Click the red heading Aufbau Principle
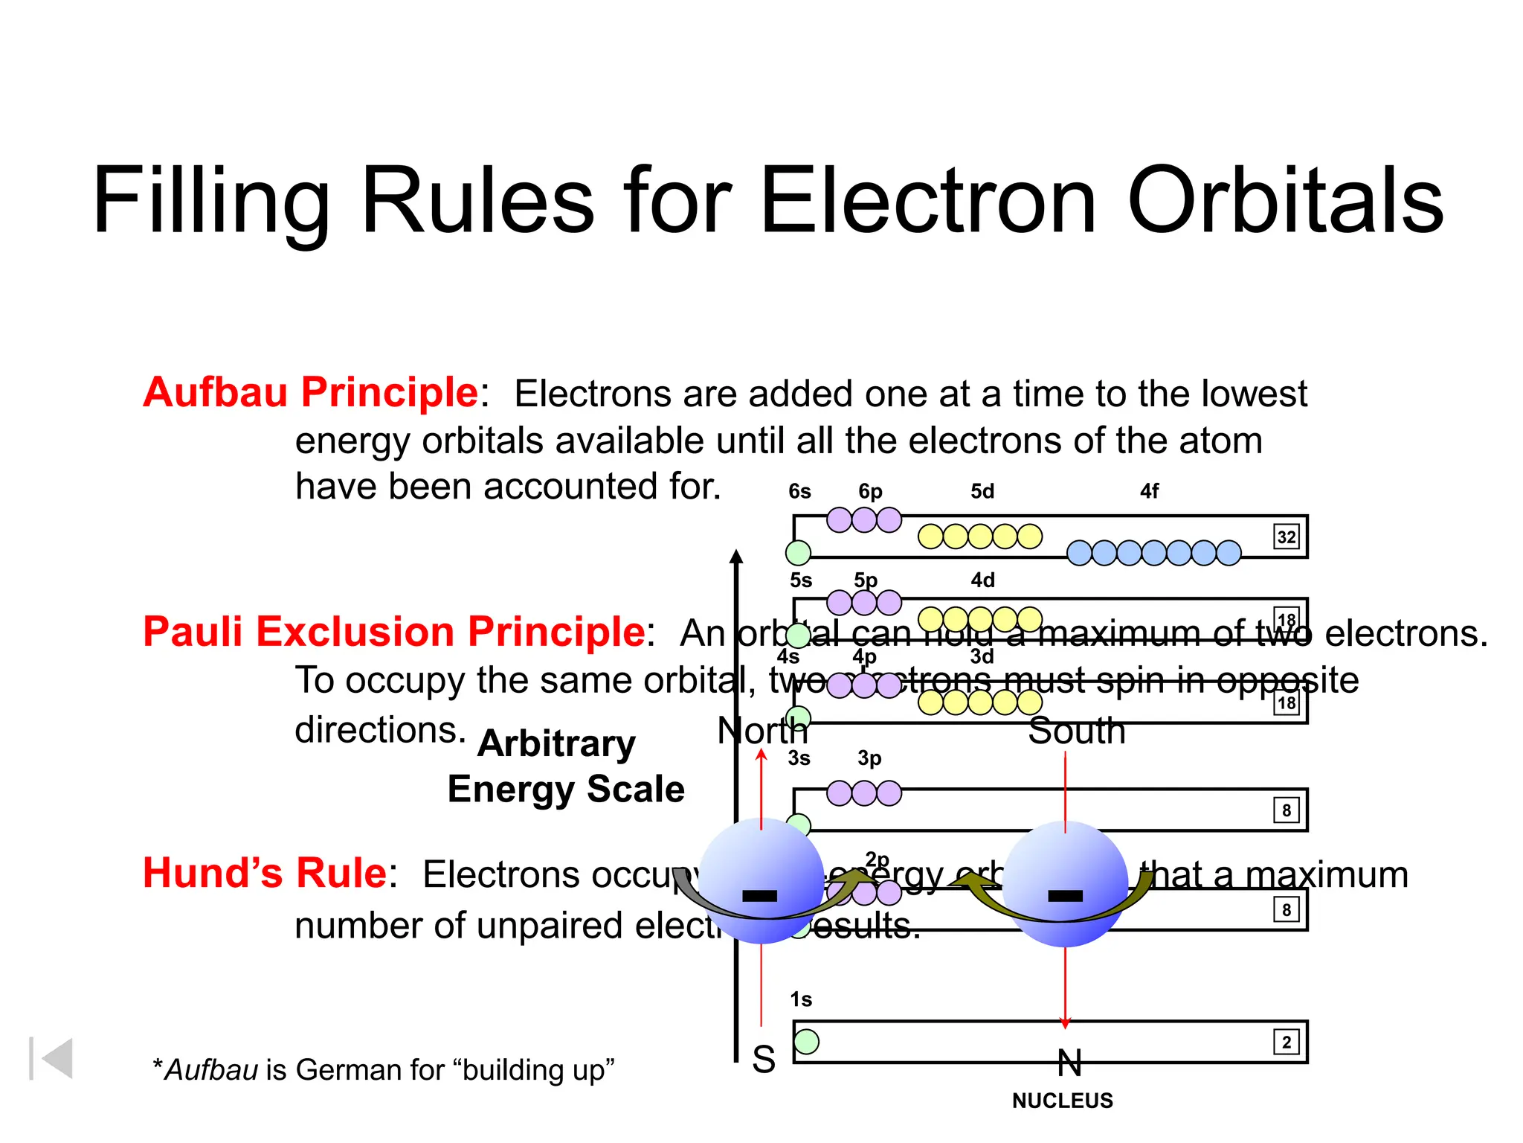point(311,392)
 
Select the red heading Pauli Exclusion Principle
point(393,632)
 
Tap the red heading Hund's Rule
point(265,873)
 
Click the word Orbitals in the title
point(1285,201)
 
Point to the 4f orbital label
point(1149,491)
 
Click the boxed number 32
point(1287,537)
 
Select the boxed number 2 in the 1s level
point(1287,1042)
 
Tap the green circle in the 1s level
point(807,1041)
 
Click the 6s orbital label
point(799,491)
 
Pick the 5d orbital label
point(982,491)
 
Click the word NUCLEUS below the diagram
point(1063,1101)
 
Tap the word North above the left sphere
point(762,731)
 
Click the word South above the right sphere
point(1077,731)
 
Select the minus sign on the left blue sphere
point(760,895)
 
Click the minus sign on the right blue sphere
point(1065,895)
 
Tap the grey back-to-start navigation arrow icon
point(52,1058)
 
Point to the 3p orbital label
point(869,758)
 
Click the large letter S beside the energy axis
point(764,1059)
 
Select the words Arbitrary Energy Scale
point(565,766)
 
